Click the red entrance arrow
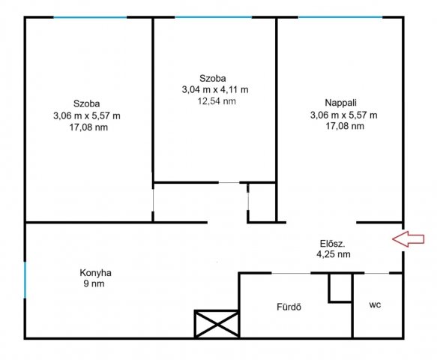(x=409, y=239)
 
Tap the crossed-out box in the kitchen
(x=217, y=324)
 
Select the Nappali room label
(x=340, y=103)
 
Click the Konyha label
(x=96, y=273)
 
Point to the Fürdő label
(x=289, y=307)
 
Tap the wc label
(x=375, y=305)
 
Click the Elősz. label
(x=332, y=244)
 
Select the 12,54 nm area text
(x=217, y=101)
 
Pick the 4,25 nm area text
(x=334, y=254)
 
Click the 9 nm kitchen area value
(x=94, y=283)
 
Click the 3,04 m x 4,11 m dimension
(x=215, y=90)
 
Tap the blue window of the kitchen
(x=25, y=280)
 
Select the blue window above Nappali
(x=340, y=17)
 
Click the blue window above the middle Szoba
(x=213, y=17)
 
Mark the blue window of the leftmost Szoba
(x=90, y=17)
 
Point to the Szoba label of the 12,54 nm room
(x=213, y=79)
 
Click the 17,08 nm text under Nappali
(x=345, y=126)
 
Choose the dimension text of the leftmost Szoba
(x=87, y=115)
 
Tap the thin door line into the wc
(x=376, y=273)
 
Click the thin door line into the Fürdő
(x=291, y=273)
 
